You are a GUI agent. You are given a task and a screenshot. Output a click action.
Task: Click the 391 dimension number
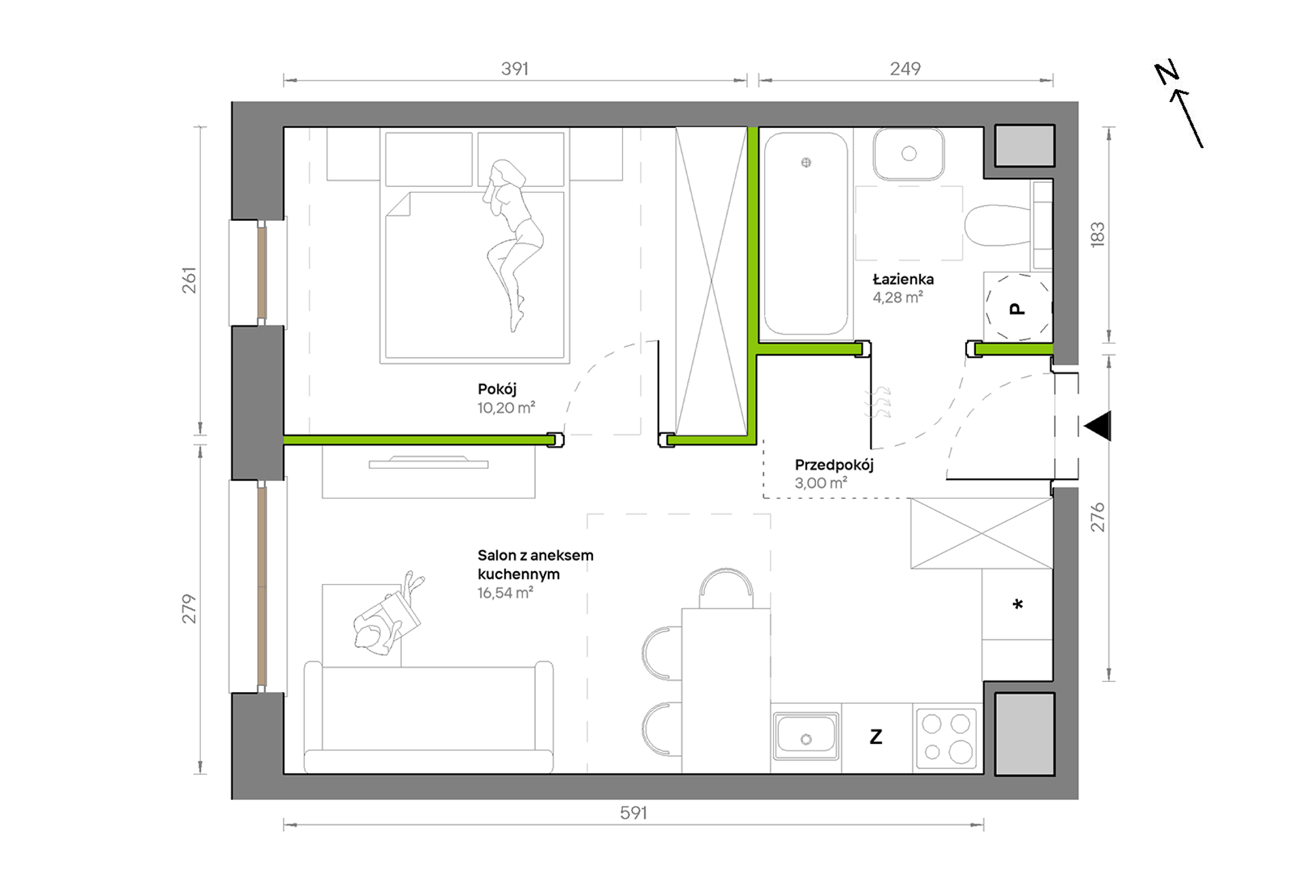tap(515, 69)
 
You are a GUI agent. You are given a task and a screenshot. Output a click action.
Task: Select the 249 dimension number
tap(905, 69)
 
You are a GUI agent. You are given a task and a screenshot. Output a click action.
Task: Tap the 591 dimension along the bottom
tap(633, 813)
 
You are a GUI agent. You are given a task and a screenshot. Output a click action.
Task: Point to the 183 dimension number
tap(1098, 235)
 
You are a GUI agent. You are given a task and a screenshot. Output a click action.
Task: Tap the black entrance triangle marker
tap(1098, 426)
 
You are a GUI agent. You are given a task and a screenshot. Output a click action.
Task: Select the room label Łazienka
tap(903, 279)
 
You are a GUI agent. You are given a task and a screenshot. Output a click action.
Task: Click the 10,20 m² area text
tap(506, 407)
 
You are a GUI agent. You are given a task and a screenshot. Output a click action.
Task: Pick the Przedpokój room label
tap(834, 465)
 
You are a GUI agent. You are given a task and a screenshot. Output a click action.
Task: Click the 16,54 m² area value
tap(505, 592)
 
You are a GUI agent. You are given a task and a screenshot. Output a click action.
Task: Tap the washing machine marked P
tap(1018, 308)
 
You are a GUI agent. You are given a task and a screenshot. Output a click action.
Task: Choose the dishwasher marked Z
tap(877, 738)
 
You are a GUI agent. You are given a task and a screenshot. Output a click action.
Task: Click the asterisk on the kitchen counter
tap(1018, 604)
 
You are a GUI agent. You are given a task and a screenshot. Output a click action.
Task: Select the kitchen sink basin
tap(806, 735)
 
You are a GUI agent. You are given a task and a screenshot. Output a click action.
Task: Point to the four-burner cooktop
tap(946, 738)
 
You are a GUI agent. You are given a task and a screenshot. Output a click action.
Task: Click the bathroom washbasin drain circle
tap(909, 154)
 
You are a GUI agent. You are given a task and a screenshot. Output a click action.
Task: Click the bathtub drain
tap(806, 163)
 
